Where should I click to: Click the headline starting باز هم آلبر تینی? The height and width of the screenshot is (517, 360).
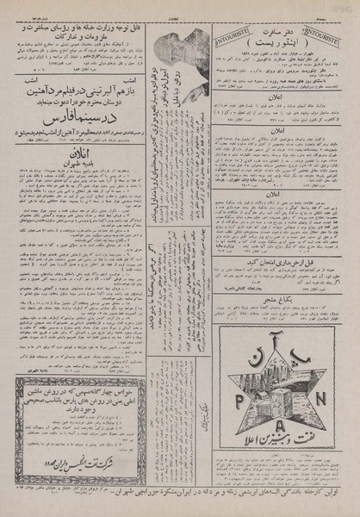tap(73, 88)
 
